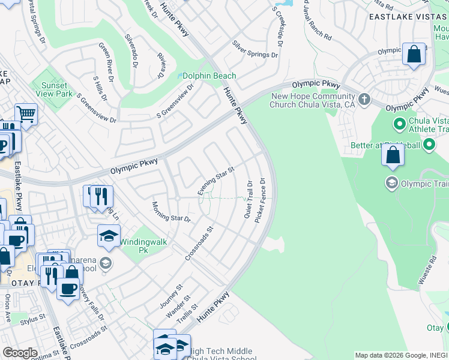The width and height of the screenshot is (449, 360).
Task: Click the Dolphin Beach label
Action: point(209,76)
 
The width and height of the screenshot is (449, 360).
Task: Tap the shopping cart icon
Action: point(26,113)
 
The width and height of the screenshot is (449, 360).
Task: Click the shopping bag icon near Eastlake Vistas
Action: point(414,55)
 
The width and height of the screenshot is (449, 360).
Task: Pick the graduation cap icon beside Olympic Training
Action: point(392,182)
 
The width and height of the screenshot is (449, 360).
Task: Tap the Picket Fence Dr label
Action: point(260,200)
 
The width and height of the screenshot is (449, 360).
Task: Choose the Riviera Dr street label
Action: point(160,65)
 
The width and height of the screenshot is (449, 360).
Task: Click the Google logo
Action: point(19,353)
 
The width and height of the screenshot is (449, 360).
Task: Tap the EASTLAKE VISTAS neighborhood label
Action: point(409,17)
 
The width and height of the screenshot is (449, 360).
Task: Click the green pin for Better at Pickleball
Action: point(429,145)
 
